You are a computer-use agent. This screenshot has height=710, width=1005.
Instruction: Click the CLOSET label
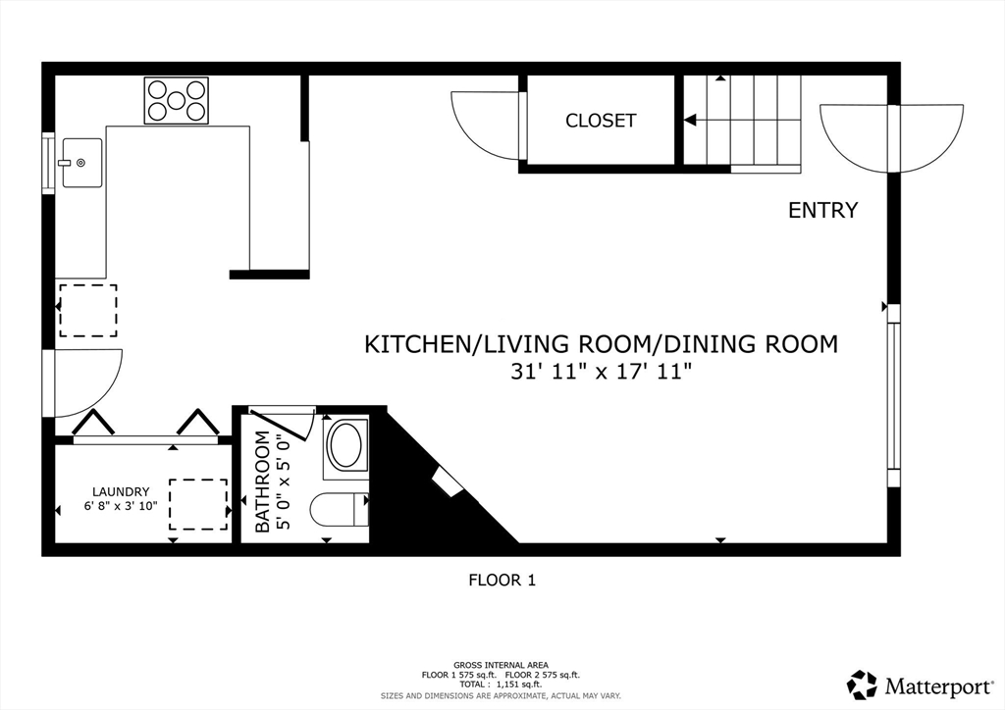(601, 121)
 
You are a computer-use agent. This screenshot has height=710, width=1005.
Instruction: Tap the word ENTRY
(822, 210)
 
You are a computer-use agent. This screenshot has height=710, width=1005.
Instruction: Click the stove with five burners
(177, 100)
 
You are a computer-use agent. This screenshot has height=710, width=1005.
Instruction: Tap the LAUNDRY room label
(121, 491)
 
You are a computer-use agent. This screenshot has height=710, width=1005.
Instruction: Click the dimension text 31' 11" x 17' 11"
(601, 372)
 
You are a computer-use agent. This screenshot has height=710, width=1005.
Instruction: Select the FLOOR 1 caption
(502, 580)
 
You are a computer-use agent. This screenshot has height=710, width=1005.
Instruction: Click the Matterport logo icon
(862, 684)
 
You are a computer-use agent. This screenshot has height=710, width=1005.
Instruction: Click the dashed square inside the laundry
(197, 504)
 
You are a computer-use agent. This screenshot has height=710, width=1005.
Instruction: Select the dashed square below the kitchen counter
(87, 311)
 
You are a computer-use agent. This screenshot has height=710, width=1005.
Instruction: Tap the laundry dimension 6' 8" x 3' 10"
(121, 507)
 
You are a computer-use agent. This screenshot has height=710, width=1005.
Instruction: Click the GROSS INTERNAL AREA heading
(501, 665)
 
